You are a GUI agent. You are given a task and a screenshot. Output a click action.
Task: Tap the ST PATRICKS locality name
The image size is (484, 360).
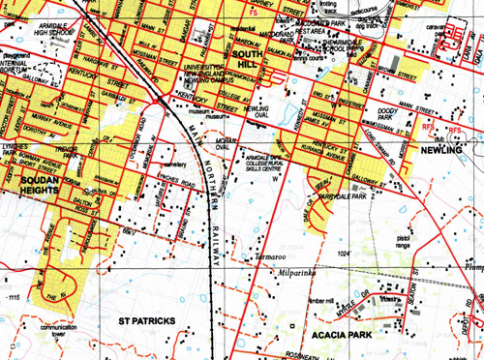tap(146, 318)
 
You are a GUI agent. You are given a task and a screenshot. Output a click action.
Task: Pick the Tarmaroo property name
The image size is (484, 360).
tap(274, 257)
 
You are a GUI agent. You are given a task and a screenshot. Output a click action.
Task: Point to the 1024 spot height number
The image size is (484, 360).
tap(341, 254)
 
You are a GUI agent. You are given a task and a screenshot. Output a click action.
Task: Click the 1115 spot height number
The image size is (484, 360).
tap(13, 296)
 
